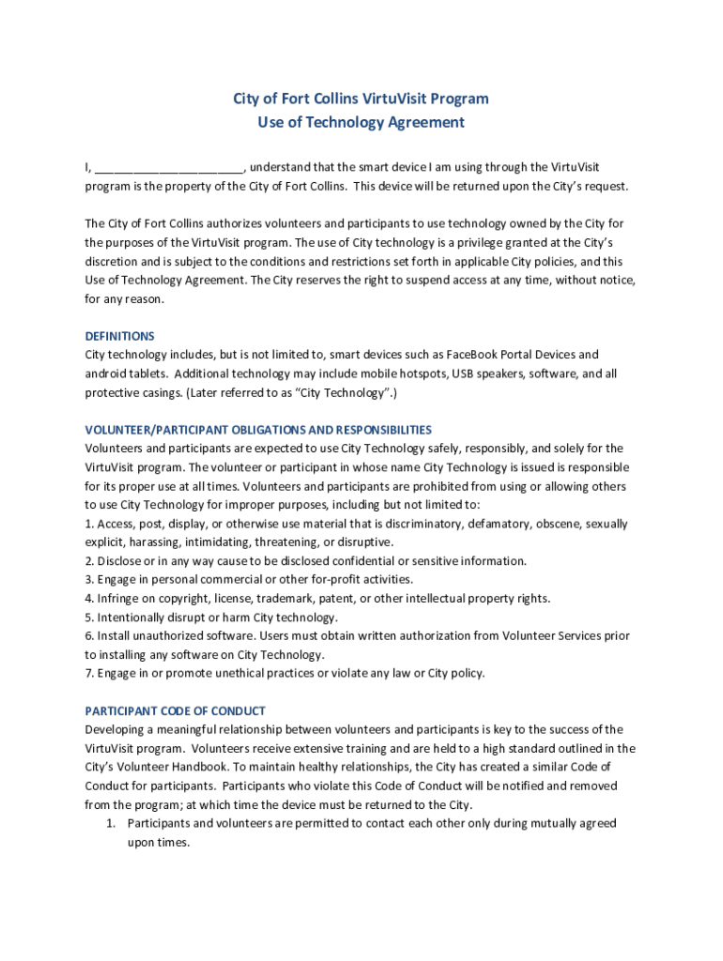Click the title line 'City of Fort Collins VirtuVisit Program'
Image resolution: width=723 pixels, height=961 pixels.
coord(361,99)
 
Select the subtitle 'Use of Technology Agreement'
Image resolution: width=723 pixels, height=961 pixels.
coord(361,122)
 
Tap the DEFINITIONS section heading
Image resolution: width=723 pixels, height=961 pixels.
coord(119,336)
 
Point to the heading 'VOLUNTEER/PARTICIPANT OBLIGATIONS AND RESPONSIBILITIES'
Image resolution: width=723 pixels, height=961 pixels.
coord(258,430)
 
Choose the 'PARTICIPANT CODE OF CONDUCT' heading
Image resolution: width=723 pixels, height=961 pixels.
coord(175,710)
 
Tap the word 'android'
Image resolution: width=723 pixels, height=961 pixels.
coord(107,374)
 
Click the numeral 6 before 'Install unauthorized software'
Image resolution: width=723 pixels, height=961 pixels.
coord(88,636)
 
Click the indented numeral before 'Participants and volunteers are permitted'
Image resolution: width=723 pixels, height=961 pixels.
coord(109,823)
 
